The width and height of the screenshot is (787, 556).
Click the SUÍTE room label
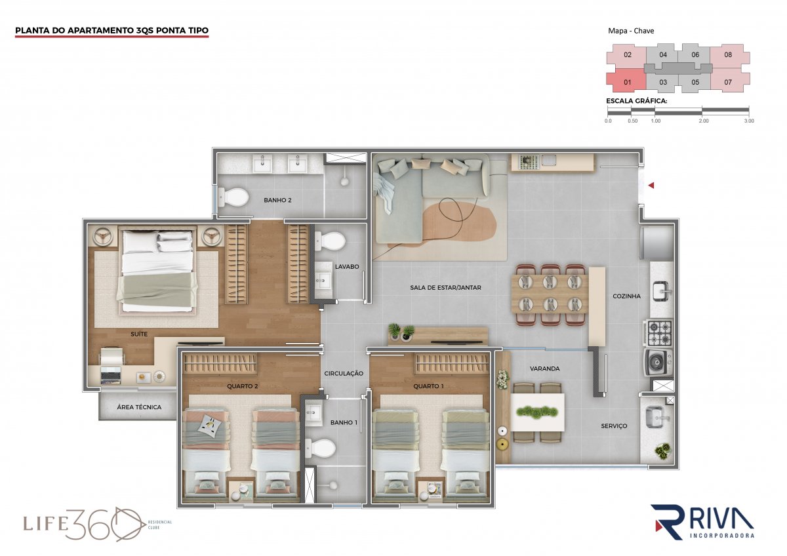(139, 334)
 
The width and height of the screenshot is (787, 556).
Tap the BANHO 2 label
(277, 200)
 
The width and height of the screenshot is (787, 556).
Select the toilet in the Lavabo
(330, 241)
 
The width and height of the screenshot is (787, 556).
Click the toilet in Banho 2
(233, 197)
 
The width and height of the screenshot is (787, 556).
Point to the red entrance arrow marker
(651, 185)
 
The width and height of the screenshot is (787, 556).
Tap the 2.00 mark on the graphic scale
(703, 121)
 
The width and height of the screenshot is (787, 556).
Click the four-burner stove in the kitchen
(657, 332)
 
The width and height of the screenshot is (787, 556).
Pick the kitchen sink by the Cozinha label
(661, 291)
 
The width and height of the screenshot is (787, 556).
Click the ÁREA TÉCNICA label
(139, 407)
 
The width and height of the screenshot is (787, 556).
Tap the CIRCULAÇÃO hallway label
(344, 374)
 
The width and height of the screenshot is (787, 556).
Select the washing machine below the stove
(658, 362)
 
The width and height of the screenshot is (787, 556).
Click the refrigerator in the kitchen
(657, 243)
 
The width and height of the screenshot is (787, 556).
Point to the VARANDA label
(544, 368)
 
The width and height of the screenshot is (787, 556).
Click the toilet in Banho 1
(320, 448)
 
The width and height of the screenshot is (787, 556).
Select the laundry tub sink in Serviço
(656, 417)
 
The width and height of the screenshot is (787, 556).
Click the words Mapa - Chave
(631, 31)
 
